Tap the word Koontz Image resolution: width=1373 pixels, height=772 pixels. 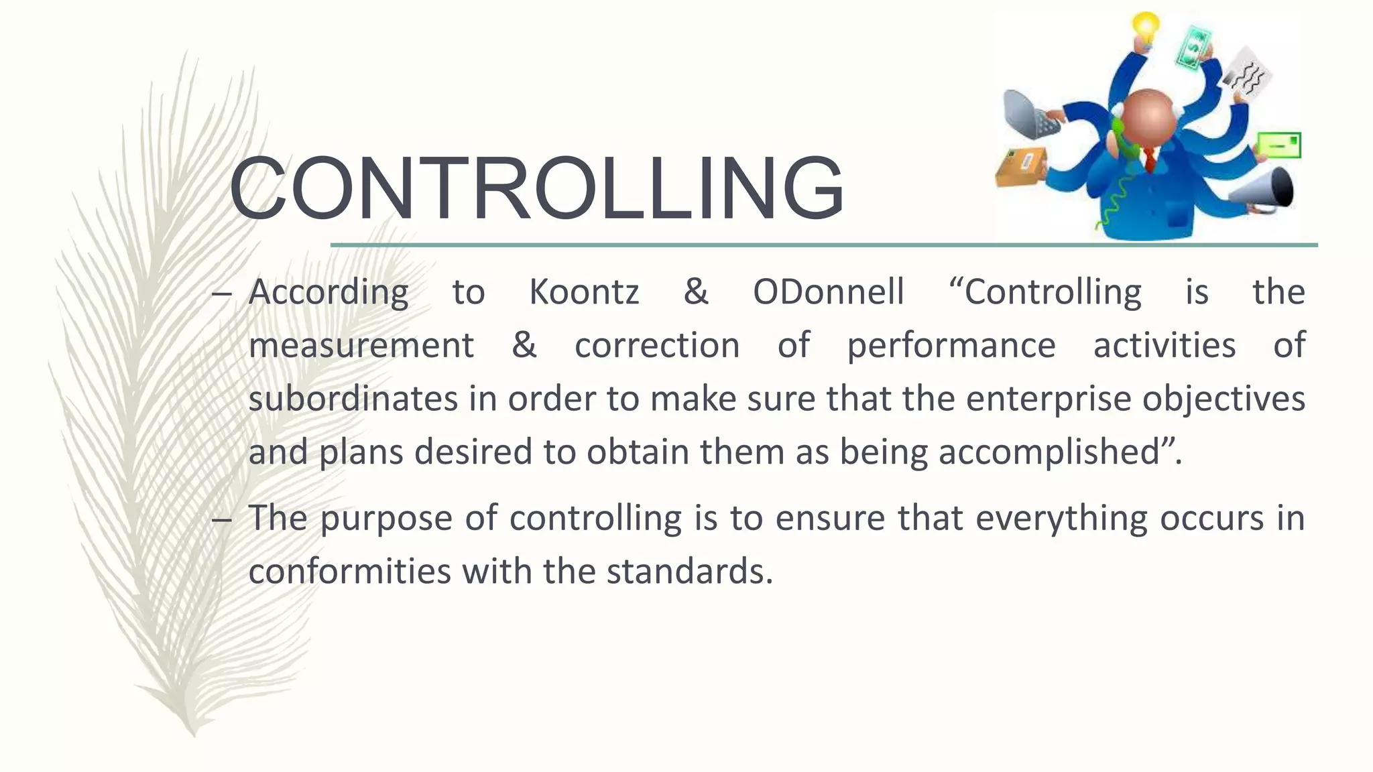(x=584, y=292)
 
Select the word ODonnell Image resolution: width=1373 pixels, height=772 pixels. (x=828, y=292)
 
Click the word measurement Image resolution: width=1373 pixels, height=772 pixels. (x=361, y=346)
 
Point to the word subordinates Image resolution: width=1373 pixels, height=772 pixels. (x=353, y=399)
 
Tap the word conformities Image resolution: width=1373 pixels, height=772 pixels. (x=349, y=572)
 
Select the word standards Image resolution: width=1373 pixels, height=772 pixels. (x=690, y=572)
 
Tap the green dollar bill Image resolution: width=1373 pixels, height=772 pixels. (x=1193, y=47)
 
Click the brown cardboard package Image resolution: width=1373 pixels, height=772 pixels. (x=1020, y=168)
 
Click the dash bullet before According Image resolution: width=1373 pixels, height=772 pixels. (x=221, y=294)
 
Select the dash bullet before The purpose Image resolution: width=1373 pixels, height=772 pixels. (x=221, y=520)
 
